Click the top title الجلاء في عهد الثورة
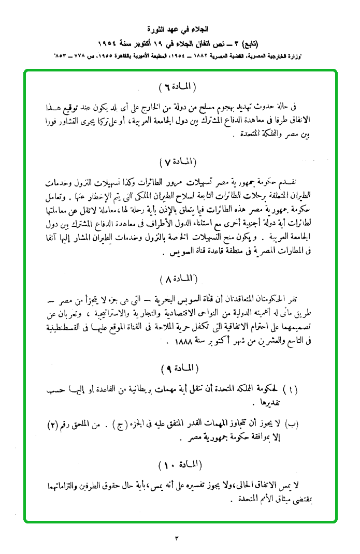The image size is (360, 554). point(179,28)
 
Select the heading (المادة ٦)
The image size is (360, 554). point(179,87)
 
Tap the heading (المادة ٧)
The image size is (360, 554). point(179,162)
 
